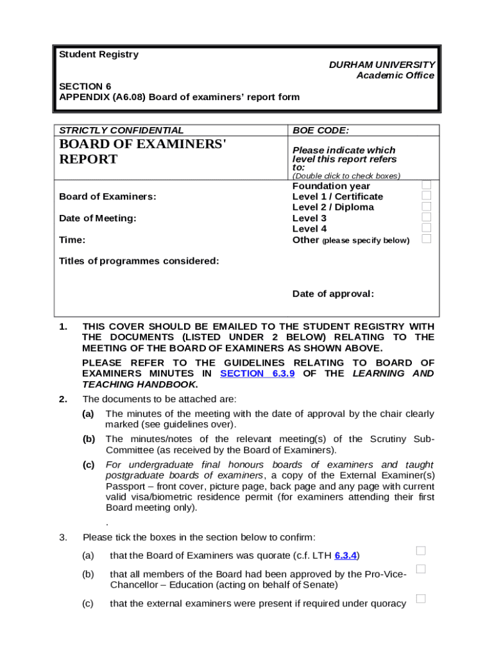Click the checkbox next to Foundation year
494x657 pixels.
click(426, 185)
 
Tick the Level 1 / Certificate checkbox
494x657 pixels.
click(426, 196)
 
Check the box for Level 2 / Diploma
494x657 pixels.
click(426, 207)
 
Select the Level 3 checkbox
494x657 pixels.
click(426, 218)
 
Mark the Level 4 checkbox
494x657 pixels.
click(426, 228)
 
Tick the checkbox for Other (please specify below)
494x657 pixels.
click(426, 239)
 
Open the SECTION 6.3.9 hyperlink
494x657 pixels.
click(257, 373)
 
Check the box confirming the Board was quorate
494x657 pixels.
click(421, 550)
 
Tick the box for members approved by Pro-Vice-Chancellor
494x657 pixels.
click(421, 569)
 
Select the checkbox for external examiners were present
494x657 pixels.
click(421, 599)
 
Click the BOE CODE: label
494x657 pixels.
click(321, 130)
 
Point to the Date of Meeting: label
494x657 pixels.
click(98, 218)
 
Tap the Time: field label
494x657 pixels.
click(72, 240)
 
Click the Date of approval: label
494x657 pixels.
click(333, 294)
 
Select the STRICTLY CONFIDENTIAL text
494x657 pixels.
click(121, 130)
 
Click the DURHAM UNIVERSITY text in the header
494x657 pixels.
click(382, 65)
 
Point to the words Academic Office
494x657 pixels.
click(395, 76)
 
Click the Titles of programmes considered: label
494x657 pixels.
click(139, 261)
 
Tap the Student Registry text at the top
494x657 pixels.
click(98, 55)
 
